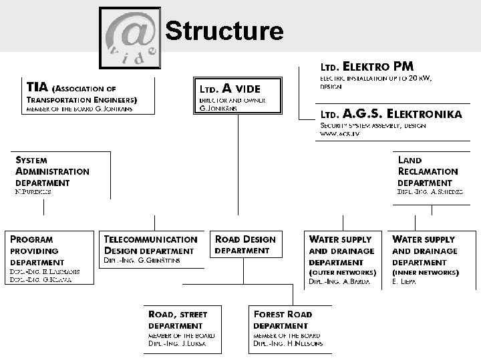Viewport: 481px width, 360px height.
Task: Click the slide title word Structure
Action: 224,31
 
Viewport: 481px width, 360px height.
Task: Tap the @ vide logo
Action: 130,37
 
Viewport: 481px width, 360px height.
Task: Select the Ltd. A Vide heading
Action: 230,88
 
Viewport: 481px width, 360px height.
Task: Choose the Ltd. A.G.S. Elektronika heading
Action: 390,114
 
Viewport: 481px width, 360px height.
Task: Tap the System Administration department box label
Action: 52,171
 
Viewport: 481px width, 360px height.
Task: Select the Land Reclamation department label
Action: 428,171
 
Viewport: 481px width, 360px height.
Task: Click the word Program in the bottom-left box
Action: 31,239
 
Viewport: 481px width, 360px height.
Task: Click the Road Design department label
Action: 245,245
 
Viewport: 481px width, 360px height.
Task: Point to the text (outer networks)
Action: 342,273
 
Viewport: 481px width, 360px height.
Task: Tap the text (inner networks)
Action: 425,273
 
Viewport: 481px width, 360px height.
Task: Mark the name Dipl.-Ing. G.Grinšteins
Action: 142,261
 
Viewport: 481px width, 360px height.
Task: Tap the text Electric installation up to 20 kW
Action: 375,79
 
